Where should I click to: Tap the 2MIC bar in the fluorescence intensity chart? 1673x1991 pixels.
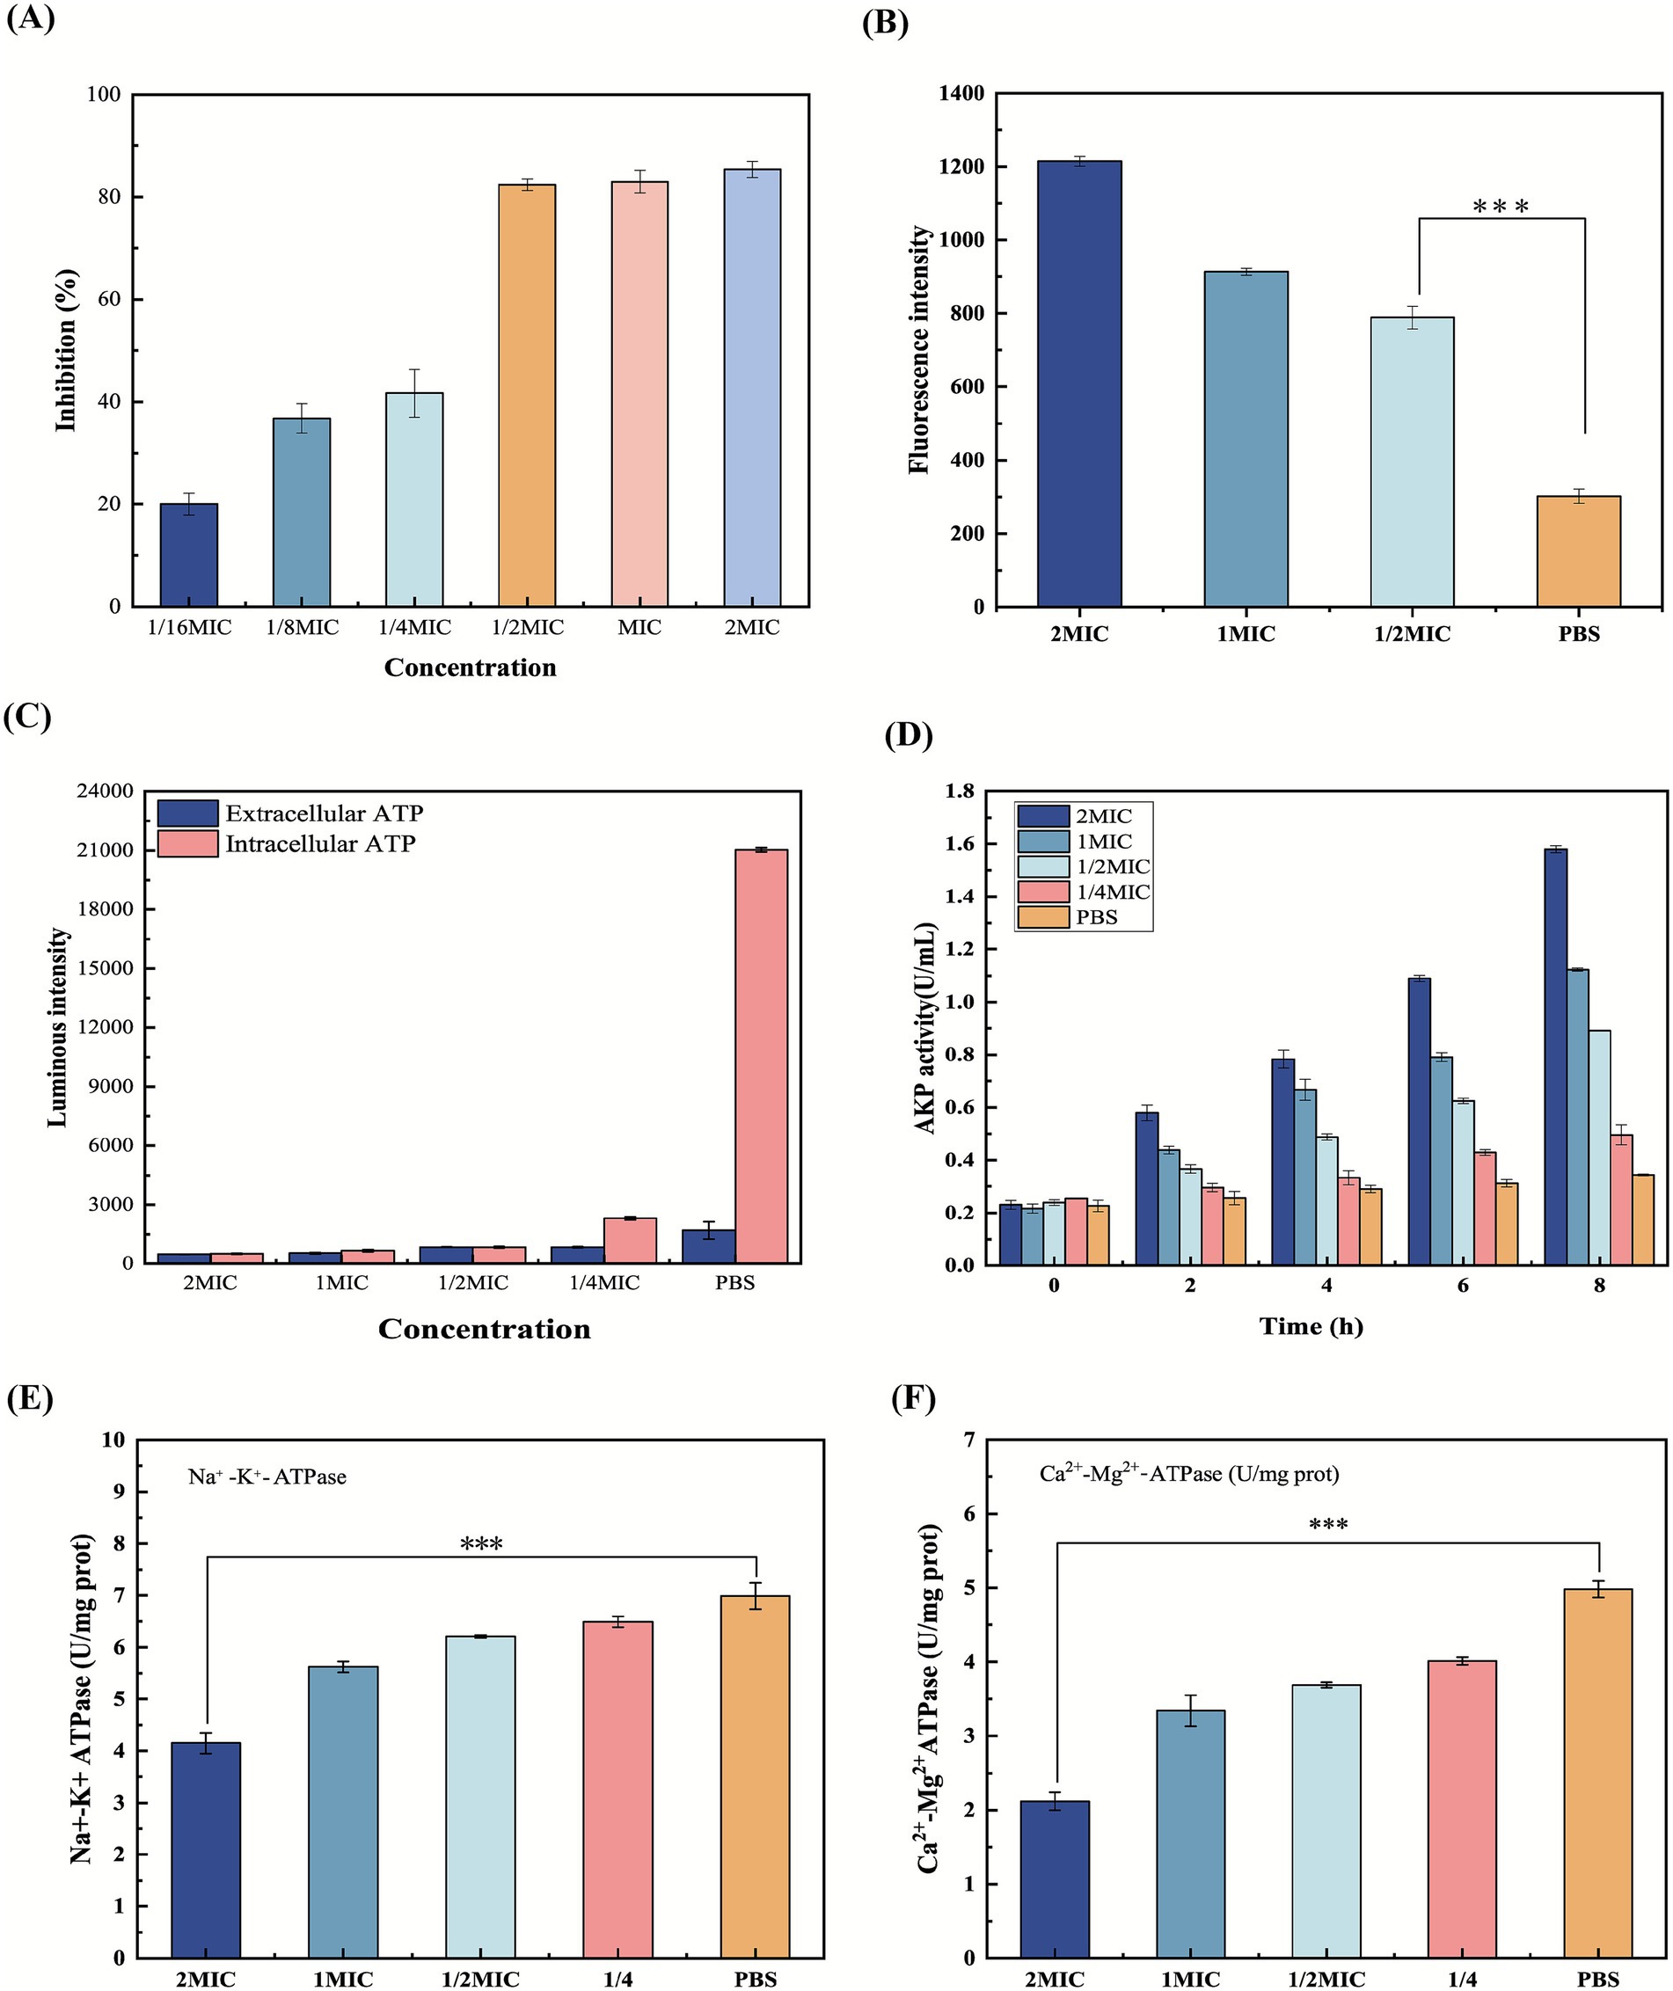pyautogui.click(x=1078, y=384)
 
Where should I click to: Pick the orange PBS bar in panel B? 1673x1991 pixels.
pyautogui.click(x=1578, y=551)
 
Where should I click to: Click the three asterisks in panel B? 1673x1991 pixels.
pyautogui.click(x=1501, y=207)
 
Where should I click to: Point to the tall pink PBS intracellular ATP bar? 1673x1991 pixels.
pyautogui.click(x=762, y=1056)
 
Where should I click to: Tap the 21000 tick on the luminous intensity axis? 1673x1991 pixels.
pyautogui.click(x=106, y=850)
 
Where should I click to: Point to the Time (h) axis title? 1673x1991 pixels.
pyautogui.click(x=1311, y=1325)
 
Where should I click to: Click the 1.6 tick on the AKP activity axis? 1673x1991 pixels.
pyautogui.click(x=959, y=844)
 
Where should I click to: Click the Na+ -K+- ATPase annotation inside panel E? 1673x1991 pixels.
pyautogui.click(x=267, y=1477)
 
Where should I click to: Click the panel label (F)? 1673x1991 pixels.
pyautogui.click(x=912, y=1398)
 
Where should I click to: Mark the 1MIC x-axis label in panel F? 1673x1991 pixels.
pyautogui.click(x=1190, y=1979)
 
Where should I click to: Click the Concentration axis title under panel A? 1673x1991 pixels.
pyautogui.click(x=471, y=667)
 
